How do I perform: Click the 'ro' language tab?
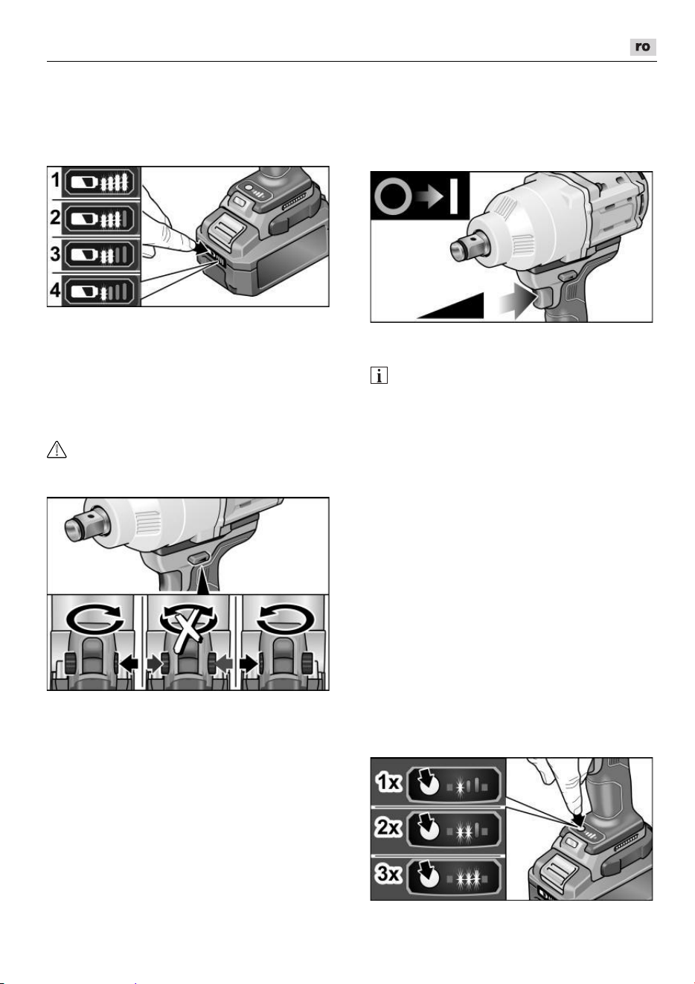[x=642, y=47]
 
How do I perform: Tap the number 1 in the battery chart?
[x=55, y=179]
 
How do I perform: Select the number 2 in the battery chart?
[x=55, y=216]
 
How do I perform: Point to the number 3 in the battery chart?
[x=55, y=254]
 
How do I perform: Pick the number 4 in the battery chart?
[x=55, y=290]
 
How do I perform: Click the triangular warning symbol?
[x=57, y=450]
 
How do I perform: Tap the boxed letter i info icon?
[x=379, y=376]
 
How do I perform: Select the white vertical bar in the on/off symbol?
[x=454, y=196]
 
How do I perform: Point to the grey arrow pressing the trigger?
[x=517, y=301]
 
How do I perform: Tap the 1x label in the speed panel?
[x=388, y=782]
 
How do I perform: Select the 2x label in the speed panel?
[x=388, y=827]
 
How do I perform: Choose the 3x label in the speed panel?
[x=388, y=873]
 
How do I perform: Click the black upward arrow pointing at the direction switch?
[x=202, y=581]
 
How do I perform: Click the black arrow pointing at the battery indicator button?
[x=202, y=248]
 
